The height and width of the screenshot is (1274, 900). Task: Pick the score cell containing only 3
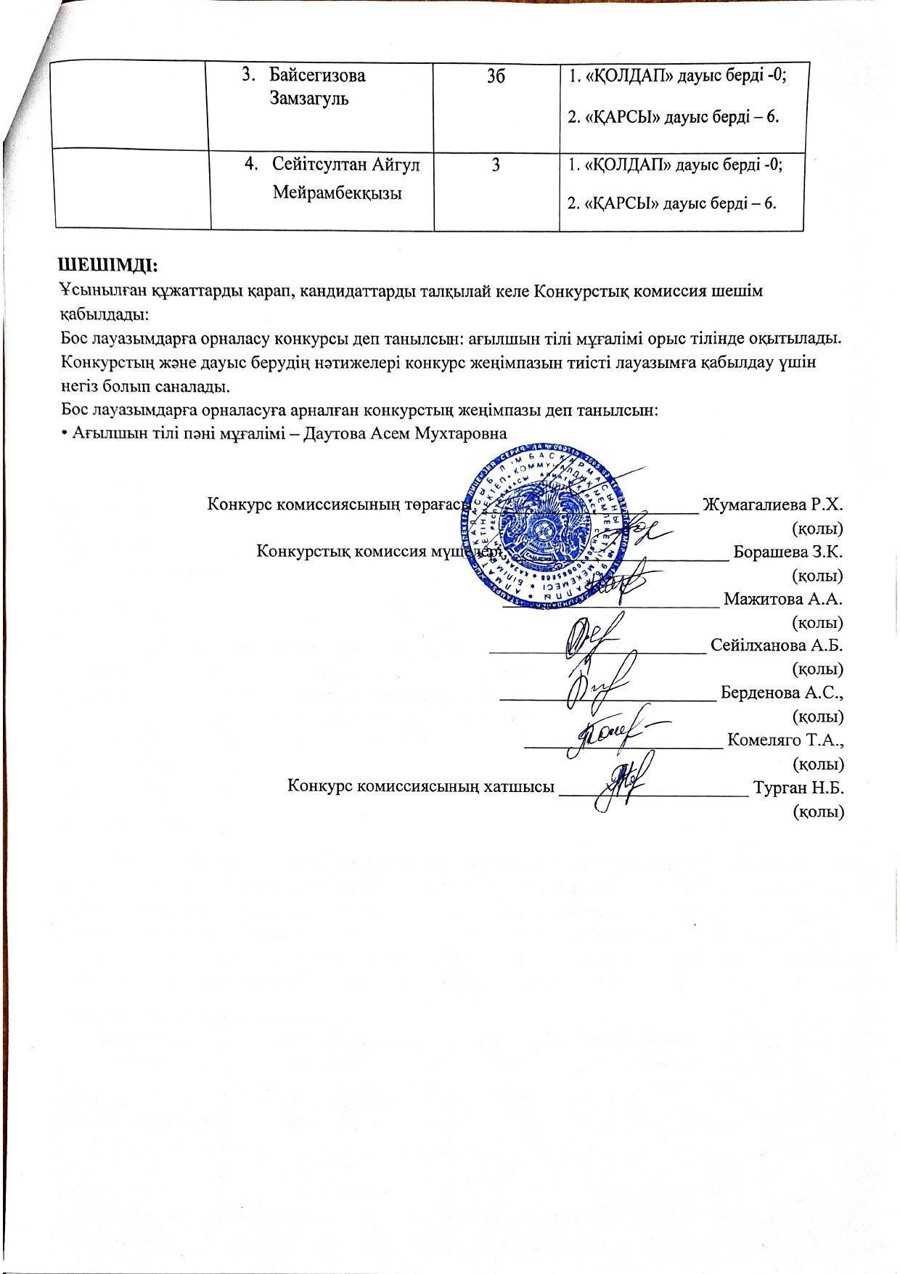coord(496,166)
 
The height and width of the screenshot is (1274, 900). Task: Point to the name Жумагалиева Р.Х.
coord(772,504)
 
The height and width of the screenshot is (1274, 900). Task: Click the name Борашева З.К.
coord(787,551)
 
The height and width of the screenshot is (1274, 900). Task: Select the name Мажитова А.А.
coord(782,599)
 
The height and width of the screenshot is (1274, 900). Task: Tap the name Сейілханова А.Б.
coord(777,645)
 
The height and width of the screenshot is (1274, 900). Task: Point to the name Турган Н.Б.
coord(798,787)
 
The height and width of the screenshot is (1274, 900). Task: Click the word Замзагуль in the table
coord(309,99)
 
